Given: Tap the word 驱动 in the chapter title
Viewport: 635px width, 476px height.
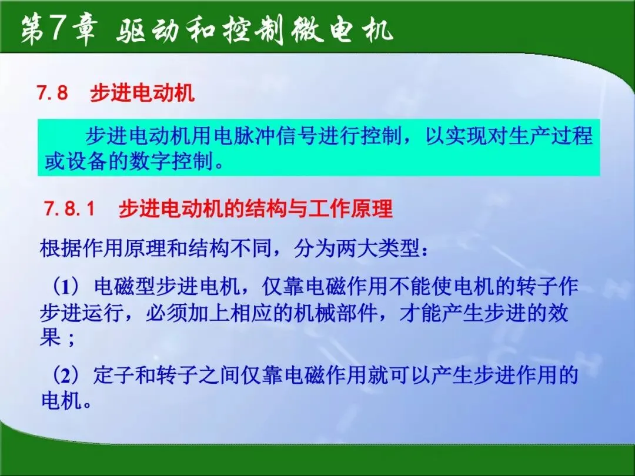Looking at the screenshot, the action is [148, 31].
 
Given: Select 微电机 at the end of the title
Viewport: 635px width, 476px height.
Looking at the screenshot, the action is [342, 30].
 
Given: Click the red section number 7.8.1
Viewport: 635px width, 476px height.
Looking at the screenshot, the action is [69, 209].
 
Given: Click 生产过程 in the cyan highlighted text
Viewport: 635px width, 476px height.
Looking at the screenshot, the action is [550, 136].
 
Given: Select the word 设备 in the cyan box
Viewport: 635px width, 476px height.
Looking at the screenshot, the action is [86, 162].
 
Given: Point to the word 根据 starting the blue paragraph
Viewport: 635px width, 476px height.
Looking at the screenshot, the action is [61, 248].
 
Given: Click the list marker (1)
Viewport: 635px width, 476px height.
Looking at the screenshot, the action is [67, 287].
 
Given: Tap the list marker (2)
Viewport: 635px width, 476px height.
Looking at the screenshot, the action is [67, 375].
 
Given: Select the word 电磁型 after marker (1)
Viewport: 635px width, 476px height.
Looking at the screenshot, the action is [125, 287].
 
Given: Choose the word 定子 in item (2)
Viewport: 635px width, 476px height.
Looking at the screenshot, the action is [114, 375].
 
